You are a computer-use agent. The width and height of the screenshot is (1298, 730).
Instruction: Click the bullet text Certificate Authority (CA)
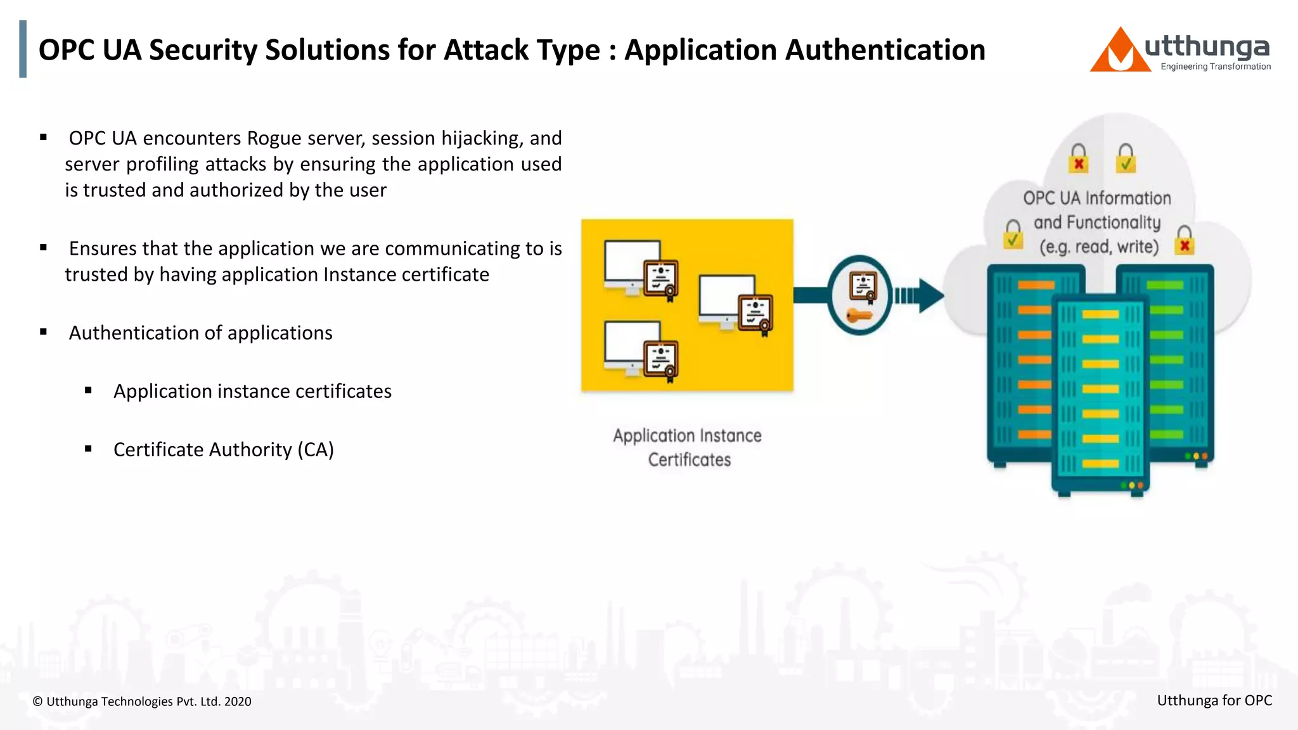point(223,449)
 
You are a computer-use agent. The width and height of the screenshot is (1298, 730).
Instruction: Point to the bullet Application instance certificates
point(252,391)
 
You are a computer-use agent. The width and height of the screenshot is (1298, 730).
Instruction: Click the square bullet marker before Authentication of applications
point(44,332)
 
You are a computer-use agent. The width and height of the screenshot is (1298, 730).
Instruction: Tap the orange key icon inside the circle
point(858,315)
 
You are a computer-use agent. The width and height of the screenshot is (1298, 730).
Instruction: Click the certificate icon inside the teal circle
point(863,286)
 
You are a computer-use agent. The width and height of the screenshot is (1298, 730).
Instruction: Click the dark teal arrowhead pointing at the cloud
point(930,295)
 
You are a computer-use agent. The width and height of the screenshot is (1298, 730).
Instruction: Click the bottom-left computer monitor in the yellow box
point(631,346)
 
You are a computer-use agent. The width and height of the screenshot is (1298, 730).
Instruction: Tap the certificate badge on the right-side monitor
point(755,314)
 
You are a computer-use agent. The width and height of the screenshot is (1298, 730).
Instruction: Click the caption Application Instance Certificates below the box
point(688,447)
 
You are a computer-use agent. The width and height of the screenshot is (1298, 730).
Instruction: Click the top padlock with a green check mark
point(1126,158)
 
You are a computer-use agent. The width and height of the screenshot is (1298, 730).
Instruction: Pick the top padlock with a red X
point(1078,158)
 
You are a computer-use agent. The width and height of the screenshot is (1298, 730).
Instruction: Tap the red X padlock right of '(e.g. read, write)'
point(1184,241)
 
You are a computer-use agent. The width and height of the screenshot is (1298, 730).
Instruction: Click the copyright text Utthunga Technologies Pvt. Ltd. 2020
point(142,701)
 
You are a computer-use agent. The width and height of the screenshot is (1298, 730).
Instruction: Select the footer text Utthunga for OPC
point(1214,700)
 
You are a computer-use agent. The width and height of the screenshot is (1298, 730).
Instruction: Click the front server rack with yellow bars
point(1100,393)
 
